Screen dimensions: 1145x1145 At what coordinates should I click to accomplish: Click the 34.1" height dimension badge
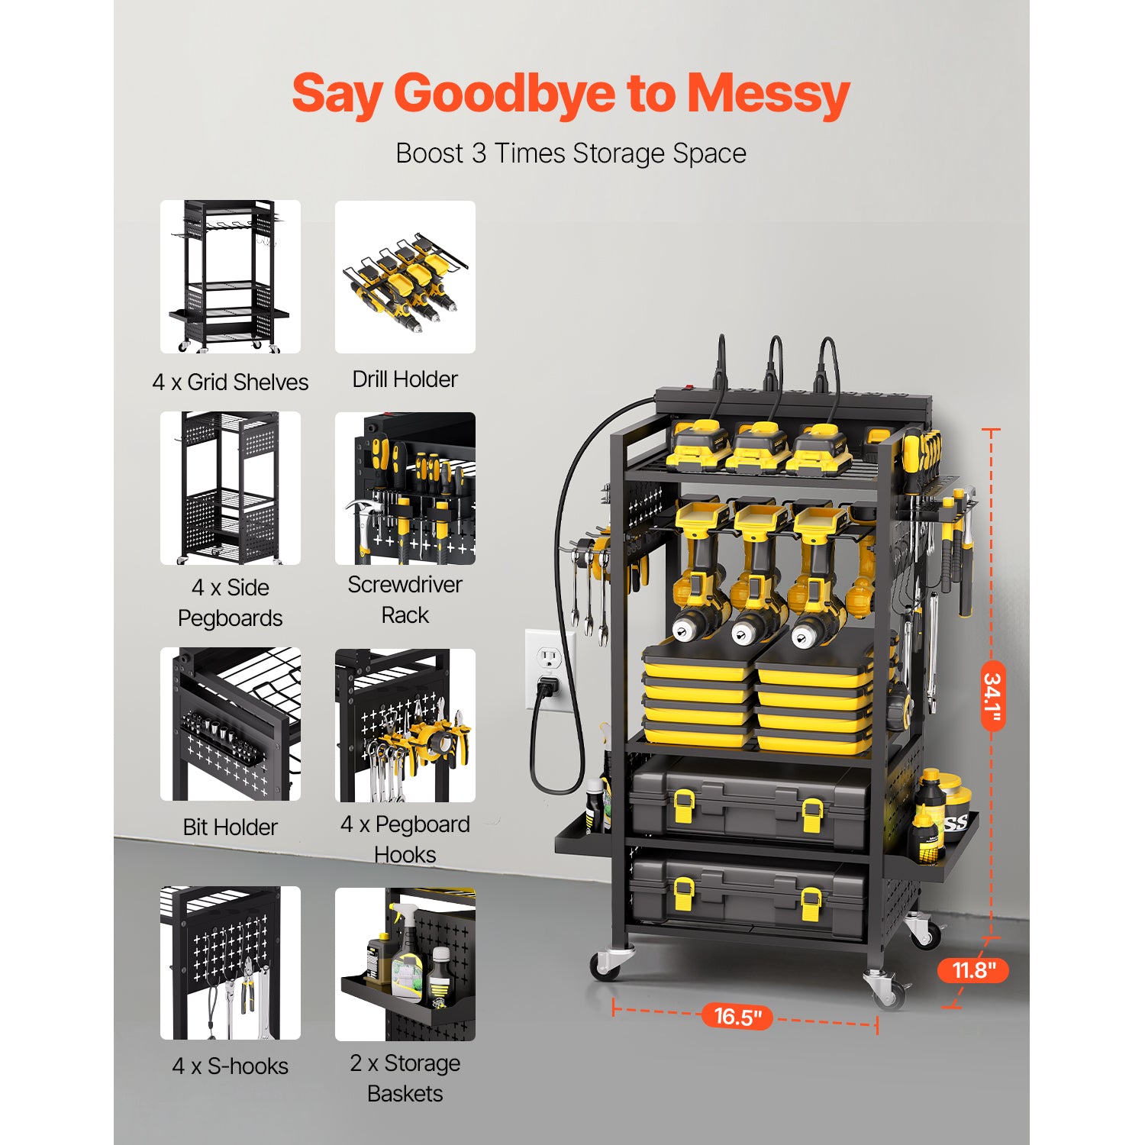pos(992,696)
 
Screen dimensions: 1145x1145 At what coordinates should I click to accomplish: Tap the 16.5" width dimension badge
pos(737,1017)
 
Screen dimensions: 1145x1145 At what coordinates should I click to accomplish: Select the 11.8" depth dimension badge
pos(973,970)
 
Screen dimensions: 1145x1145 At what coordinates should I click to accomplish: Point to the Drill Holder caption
pos(405,379)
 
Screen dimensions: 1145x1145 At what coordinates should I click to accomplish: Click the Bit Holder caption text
pos(230,827)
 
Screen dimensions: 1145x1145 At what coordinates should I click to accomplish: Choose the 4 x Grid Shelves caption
pos(230,382)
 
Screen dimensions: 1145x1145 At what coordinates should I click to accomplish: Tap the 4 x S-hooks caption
pos(230,1066)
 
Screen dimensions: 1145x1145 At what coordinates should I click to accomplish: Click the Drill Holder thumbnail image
pos(405,277)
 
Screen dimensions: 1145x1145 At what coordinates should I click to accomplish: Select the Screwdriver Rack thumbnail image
pos(405,489)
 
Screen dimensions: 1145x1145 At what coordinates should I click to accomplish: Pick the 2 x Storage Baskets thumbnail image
pos(405,964)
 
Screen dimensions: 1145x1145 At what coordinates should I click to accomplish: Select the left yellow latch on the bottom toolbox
pos(684,893)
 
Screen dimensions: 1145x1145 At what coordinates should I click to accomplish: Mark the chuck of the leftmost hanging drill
pos(689,627)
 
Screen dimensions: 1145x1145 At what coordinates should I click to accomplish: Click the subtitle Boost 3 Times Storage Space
pos(571,153)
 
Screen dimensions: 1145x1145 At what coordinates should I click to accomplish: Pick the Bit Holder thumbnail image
pos(230,724)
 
